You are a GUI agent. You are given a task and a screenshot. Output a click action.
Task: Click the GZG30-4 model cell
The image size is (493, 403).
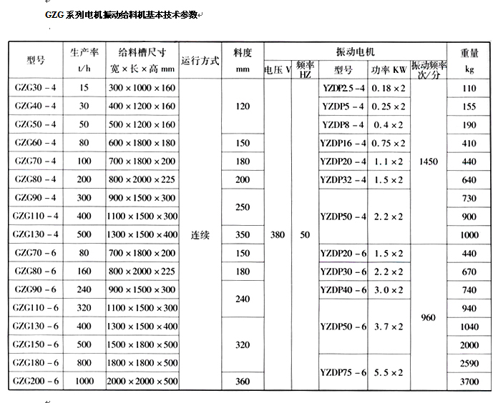(35, 87)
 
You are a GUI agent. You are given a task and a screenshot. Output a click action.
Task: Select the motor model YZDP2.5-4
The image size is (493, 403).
(343, 87)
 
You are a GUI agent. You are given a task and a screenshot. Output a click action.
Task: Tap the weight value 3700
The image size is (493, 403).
(469, 382)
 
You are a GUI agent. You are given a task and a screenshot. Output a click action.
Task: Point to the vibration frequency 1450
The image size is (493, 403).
(429, 162)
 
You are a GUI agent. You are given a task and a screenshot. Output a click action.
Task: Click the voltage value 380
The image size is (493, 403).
(277, 233)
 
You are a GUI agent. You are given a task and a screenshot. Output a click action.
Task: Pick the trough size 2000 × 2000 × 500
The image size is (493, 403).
(142, 382)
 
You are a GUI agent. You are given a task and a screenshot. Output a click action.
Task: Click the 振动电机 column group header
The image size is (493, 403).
(356, 53)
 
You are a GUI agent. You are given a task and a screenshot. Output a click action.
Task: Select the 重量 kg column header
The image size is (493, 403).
(469, 61)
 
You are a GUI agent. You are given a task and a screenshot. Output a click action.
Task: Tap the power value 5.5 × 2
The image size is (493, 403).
(389, 372)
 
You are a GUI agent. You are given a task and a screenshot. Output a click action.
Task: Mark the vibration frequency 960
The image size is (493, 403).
(429, 317)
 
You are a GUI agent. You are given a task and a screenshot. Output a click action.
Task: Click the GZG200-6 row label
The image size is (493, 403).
(35, 382)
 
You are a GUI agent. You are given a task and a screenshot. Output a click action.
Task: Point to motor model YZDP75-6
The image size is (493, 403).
(343, 372)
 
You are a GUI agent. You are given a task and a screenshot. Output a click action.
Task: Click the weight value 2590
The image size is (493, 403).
(469, 363)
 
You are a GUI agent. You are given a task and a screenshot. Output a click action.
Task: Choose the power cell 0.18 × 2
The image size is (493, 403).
(389, 87)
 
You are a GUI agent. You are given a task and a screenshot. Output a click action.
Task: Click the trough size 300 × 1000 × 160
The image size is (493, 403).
(142, 87)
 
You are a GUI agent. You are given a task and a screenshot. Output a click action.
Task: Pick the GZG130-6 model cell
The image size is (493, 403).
(35, 326)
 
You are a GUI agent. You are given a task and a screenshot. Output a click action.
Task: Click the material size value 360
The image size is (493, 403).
(243, 382)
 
